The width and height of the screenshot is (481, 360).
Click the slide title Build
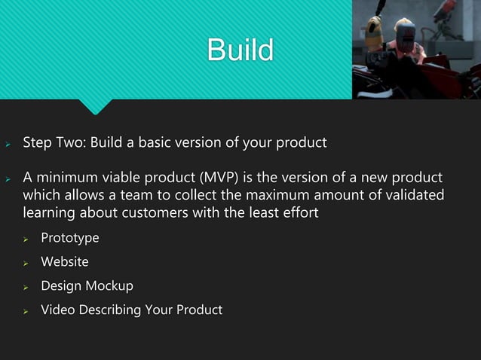tap(240, 50)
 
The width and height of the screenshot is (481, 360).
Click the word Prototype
tap(69, 238)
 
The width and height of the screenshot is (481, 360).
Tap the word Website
tap(64, 262)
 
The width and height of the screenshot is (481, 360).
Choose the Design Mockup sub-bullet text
tap(87, 286)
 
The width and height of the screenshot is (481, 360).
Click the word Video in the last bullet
tap(57, 310)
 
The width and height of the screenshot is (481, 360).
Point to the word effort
tap(299, 214)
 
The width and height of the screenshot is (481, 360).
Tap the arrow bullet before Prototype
tap(26, 239)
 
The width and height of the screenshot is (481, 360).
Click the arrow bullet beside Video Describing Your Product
tap(26, 311)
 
